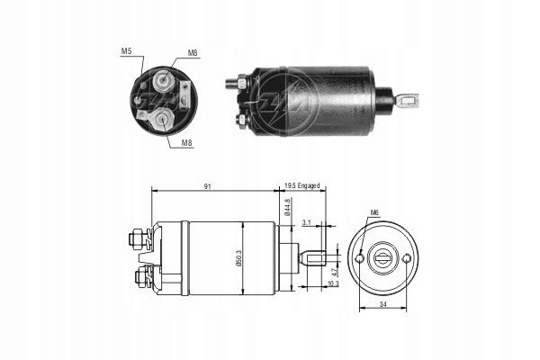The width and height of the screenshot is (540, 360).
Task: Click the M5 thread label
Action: tap(126, 52)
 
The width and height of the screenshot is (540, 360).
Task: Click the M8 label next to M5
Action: tap(193, 53)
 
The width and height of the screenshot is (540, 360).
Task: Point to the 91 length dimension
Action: tap(210, 186)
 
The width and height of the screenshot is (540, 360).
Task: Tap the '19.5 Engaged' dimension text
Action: tap(302, 186)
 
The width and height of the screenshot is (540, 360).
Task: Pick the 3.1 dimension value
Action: tap(308, 222)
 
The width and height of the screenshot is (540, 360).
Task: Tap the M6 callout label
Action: tap(373, 213)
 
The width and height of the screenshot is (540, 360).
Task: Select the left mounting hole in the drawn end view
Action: tap(359, 258)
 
